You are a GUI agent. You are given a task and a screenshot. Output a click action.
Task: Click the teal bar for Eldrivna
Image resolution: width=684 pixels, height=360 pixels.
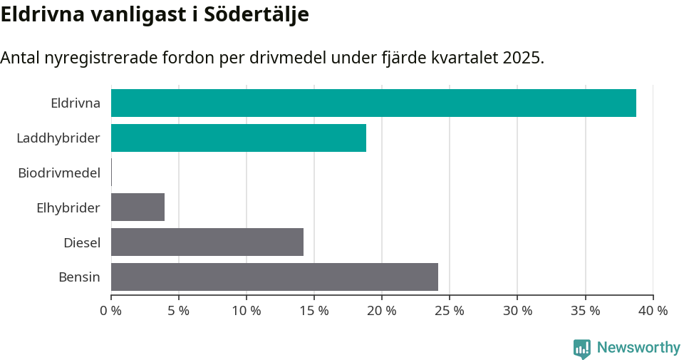pos(373,103)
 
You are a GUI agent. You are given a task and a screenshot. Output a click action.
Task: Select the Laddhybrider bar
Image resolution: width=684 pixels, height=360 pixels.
pos(239,138)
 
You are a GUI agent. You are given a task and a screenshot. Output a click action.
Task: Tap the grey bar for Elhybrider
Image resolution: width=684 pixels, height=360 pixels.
pos(138,207)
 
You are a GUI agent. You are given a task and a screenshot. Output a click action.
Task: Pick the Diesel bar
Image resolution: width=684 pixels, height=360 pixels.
pos(207,242)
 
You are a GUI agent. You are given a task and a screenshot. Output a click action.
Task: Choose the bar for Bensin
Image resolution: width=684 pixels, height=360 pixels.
pos(274,277)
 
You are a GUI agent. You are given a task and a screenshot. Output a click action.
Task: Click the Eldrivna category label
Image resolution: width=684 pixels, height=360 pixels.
pos(75,103)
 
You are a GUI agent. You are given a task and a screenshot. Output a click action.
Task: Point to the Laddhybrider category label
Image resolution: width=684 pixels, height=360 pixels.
pos(58,138)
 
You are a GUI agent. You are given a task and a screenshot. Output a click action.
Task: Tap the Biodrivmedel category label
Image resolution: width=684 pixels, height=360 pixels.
pos(59,173)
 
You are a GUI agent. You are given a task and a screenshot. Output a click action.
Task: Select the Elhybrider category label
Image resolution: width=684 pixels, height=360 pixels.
pos(68,207)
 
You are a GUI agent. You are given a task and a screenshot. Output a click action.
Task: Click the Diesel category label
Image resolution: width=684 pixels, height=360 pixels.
pos(81,242)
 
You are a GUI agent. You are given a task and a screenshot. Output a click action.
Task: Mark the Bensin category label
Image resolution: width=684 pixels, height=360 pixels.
pos(79,277)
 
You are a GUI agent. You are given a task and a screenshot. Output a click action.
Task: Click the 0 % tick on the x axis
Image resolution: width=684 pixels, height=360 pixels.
pos(111,311)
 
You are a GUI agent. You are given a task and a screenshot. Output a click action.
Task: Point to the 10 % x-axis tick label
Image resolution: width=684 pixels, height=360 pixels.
pos(247,311)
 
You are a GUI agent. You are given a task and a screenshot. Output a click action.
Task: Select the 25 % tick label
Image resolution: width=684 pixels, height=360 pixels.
pos(450,311)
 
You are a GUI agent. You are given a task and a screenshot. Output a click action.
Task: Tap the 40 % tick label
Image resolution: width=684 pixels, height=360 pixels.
pos(653,311)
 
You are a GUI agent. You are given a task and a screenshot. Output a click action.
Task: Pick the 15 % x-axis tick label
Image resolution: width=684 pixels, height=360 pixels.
pos(314,311)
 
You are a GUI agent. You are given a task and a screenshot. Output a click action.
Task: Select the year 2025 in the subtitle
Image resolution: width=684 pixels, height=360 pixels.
pos(522,58)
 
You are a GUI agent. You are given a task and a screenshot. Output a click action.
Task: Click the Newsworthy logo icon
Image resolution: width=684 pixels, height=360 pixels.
pos(582,348)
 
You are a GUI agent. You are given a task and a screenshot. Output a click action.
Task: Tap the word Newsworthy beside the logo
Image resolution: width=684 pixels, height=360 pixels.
pos(638,348)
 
